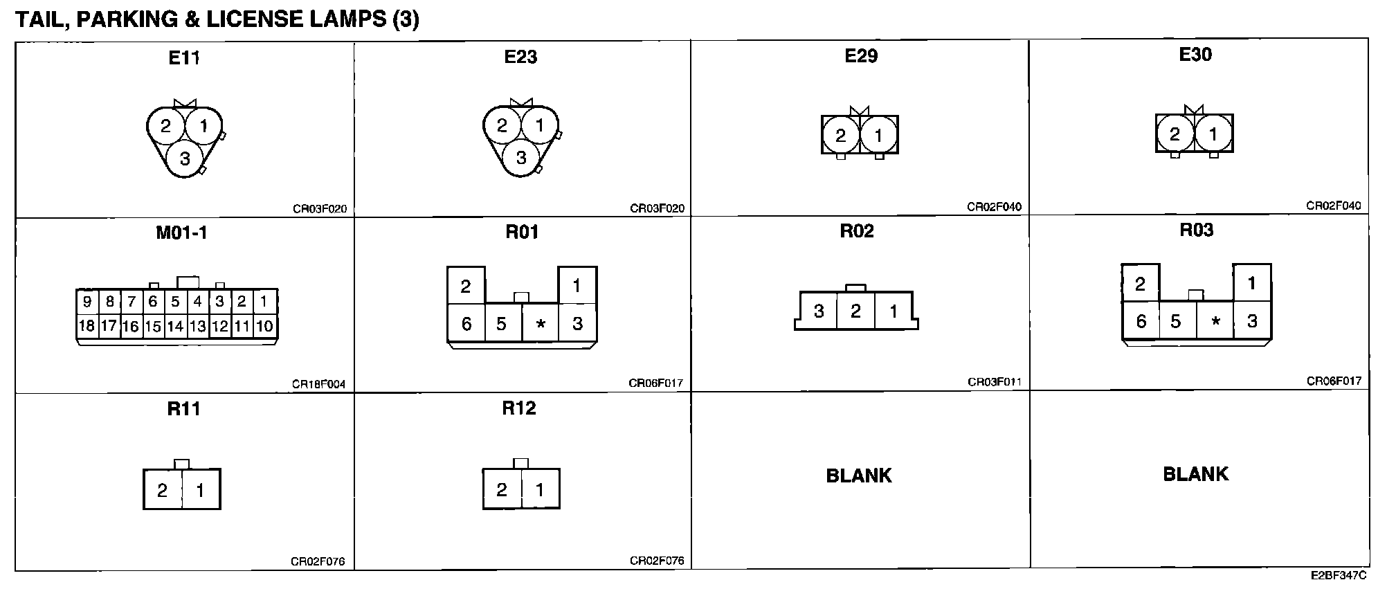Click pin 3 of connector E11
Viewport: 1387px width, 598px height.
pos(185,159)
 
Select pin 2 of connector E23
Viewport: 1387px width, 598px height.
pos(502,125)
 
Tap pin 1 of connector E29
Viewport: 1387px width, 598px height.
pos(878,135)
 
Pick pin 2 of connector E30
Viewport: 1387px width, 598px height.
pos(1175,134)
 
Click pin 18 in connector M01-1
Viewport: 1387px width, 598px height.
pos(87,325)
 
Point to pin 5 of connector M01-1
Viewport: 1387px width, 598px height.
pos(175,301)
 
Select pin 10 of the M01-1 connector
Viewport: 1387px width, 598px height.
pos(264,325)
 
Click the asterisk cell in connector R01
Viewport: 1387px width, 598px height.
pos(541,323)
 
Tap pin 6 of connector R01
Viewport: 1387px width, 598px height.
pos(466,323)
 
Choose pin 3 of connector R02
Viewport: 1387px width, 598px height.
pos(819,311)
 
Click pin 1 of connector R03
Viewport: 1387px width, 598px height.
pos(1251,282)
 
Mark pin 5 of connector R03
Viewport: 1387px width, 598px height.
pos(1175,321)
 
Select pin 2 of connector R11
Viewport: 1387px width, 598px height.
pos(162,490)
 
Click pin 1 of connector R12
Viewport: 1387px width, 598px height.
pos(540,489)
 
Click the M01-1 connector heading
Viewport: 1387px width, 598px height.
pos(181,233)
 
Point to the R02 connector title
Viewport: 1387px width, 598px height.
pos(857,231)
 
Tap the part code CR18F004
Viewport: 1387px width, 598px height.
pos(318,384)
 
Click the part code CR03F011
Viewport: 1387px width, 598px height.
pos(994,381)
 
